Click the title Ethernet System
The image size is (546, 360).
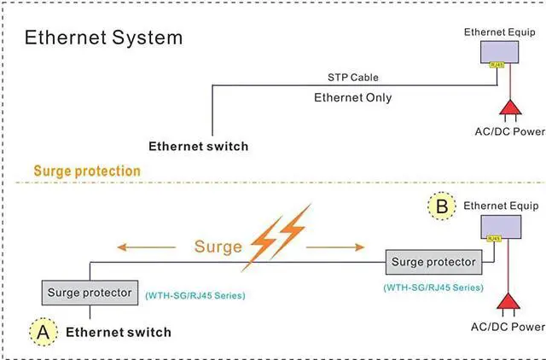pyautogui.click(x=103, y=38)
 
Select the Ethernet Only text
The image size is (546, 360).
pyautogui.click(x=353, y=97)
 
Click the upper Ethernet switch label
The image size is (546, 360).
pyautogui.click(x=199, y=146)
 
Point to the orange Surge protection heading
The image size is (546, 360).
pyautogui.click(x=87, y=171)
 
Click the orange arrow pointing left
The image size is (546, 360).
pyautogui.click(x=138, y=247)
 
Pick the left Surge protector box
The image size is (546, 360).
pyautogui.click(x=90, y=293)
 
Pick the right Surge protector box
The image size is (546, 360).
pyautogui.click(x=433, y=261)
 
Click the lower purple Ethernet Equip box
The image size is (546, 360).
pyautogui.click(x=503, y=228)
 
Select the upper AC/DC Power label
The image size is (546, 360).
pyautogui.click(x=508, y=131)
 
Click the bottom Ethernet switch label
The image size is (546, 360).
pyautogui.click(x=119, y=332)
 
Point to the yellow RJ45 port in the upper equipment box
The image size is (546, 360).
pyautogui.click(x=496, y=64)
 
